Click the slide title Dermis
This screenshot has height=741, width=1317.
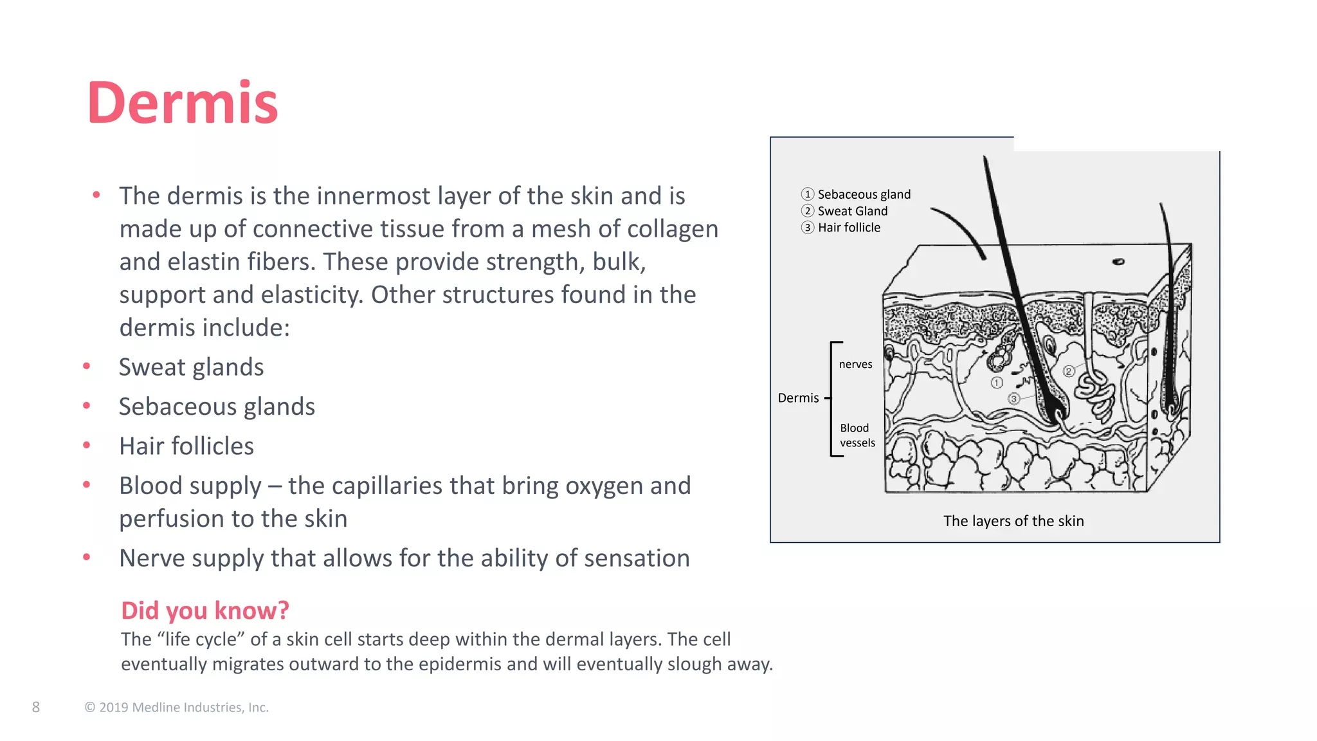point(183,103)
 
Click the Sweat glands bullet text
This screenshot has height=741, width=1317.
point(191,367)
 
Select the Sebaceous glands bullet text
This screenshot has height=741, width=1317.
point(217,407)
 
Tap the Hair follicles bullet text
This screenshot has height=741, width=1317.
point(186,446)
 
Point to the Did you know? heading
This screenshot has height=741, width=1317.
point(205,610)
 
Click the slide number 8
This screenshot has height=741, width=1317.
point(36,708)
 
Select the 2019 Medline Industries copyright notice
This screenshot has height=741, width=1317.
point(177,708)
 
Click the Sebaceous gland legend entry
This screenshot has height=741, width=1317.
point(864,194)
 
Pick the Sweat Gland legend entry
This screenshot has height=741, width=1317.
point(852,211)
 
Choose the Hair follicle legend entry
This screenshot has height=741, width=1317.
point(849,228)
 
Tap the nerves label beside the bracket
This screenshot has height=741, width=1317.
point(855,364)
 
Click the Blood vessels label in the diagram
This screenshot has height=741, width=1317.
point(857,435)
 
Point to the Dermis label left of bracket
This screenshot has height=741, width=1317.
point(798,398)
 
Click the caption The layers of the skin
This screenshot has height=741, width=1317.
point(1013,521)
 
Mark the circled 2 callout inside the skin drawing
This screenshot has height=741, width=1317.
point(1069,371)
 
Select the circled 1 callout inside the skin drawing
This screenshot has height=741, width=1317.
point(997,383)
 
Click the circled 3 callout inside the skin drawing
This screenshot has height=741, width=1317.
point(1014,399)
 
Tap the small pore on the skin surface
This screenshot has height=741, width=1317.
point(1118,262)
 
